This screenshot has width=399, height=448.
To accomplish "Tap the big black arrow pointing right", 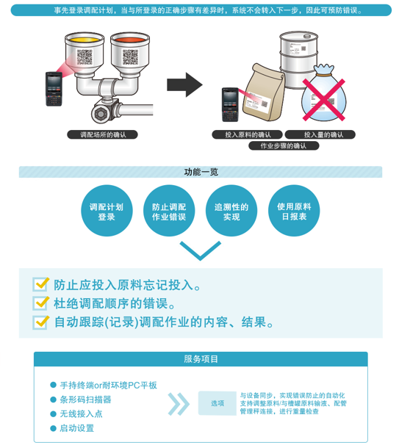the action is click(184, 85).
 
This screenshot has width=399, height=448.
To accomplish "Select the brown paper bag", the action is click(263, 93).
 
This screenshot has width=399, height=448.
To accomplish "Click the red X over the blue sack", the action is click(323, 100).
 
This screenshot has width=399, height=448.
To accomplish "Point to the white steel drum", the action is click(298, 59).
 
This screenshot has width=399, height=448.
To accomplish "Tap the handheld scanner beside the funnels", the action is click(54, 89).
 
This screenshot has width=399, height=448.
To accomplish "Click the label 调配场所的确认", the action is click(102, 134).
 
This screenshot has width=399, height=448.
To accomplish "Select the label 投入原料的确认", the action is click(247, 134).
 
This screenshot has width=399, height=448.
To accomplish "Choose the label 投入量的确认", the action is click(320, 134).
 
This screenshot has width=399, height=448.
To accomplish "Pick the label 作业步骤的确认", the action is click(284, 145).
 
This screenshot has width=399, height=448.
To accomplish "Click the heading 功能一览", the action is click(201, 172).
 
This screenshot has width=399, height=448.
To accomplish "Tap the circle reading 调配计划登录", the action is click(107, 211).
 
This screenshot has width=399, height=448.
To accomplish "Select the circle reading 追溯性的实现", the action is click(231, 211).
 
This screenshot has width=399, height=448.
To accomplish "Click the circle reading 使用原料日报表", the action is click(294, 211).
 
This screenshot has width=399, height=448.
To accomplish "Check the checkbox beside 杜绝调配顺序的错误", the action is click(40, 303).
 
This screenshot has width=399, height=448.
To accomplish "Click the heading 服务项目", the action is click(201, 359).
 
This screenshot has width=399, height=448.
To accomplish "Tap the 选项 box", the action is click(218, 403).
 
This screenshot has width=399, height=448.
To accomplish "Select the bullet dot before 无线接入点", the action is click(53, 413).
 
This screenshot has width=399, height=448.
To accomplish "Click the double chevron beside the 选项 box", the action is click(179, 404).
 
